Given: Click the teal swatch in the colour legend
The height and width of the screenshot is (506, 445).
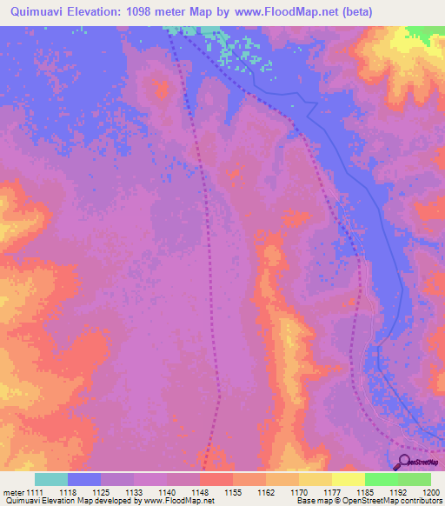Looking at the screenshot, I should (x=51, y=479).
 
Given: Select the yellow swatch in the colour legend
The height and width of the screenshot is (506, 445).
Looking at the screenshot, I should (x=348, y=479).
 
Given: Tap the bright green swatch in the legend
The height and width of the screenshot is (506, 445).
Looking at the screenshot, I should (x=381, y=479).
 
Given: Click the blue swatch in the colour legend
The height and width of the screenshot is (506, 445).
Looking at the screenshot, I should (x=84, y=479).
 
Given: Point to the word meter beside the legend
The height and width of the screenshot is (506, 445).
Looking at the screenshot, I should (x=13, y=493).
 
